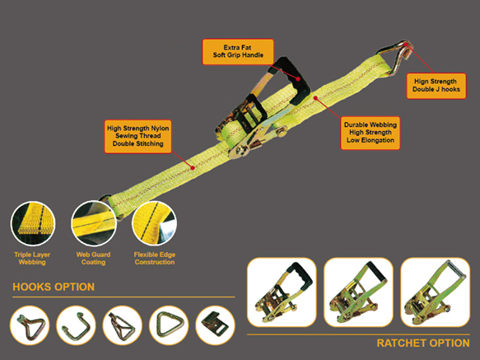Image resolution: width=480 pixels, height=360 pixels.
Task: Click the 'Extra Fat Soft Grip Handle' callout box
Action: (x=238, y=51)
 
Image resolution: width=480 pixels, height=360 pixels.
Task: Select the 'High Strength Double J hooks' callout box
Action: (x=436, y=86)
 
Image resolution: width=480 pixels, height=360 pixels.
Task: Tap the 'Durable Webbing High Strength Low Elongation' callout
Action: (x=370, y=133)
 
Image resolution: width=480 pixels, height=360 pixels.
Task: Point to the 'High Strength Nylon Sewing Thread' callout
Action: (x=137, y=137)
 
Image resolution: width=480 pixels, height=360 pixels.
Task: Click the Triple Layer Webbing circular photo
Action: (x=33, y=223)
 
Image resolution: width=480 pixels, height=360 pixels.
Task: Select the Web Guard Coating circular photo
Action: (x=94, y=223)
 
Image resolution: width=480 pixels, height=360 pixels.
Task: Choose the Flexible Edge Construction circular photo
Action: (x=154, y=223)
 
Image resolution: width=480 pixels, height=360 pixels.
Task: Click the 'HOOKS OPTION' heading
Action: (x=54, y=287)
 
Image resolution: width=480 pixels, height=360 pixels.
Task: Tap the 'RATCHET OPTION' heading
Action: (x=423, y=344)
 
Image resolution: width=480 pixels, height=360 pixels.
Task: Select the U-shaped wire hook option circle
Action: (x=76, y=325)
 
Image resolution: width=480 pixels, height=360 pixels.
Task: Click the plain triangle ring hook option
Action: (x=169, y=325)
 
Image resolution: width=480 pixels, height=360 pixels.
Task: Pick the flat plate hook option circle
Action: (x=215, y=325)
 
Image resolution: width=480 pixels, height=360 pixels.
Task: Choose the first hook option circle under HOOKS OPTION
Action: (x=30, y=325)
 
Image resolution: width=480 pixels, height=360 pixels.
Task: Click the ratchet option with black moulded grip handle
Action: (x=282, y=292)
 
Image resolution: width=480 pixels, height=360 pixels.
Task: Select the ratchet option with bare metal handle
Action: (x=435, y=292)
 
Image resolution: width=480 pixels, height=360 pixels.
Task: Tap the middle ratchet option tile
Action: (x=358, y=292)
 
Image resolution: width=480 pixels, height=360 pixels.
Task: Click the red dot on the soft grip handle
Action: (x=297, y=79)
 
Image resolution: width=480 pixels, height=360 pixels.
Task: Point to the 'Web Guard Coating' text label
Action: (x=93, y=259)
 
